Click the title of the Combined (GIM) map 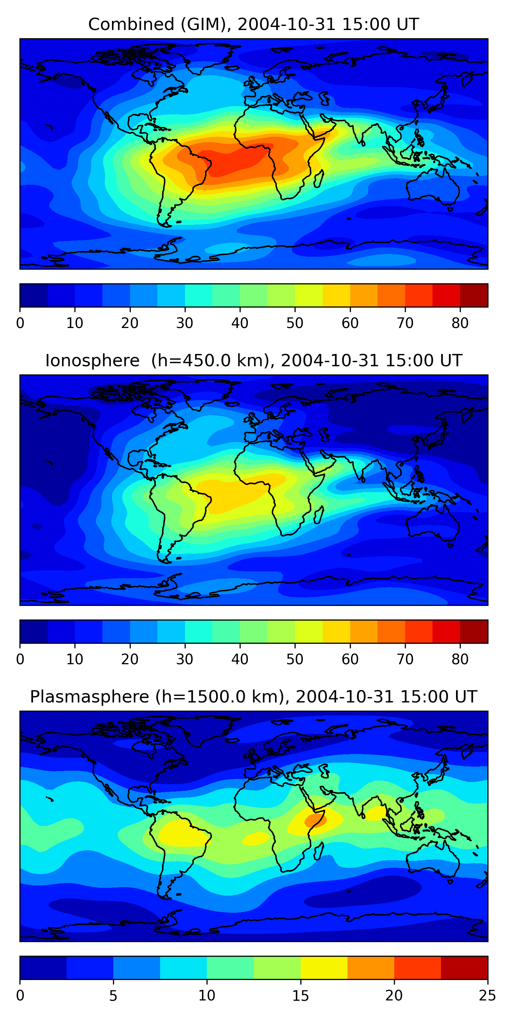[x=253, y=24]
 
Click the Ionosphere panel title [x=253, y=360]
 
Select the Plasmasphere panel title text [x=253, y=697]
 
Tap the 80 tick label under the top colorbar [x=460, y=323]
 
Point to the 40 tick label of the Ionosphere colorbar [x=240, y=659]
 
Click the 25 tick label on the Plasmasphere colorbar [x=487, y=996]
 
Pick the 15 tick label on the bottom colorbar [x=300, y=996]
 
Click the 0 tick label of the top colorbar [x=20, y=323]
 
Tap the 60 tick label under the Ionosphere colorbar [x=350, y=659]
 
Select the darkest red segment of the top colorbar [x=474, y=295]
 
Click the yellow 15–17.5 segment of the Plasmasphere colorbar [x=324, y=968]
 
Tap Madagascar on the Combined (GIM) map [x=319, y=179]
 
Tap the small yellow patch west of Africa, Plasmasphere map [x=256, y=839]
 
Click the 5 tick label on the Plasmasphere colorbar [x=113, y=996]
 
